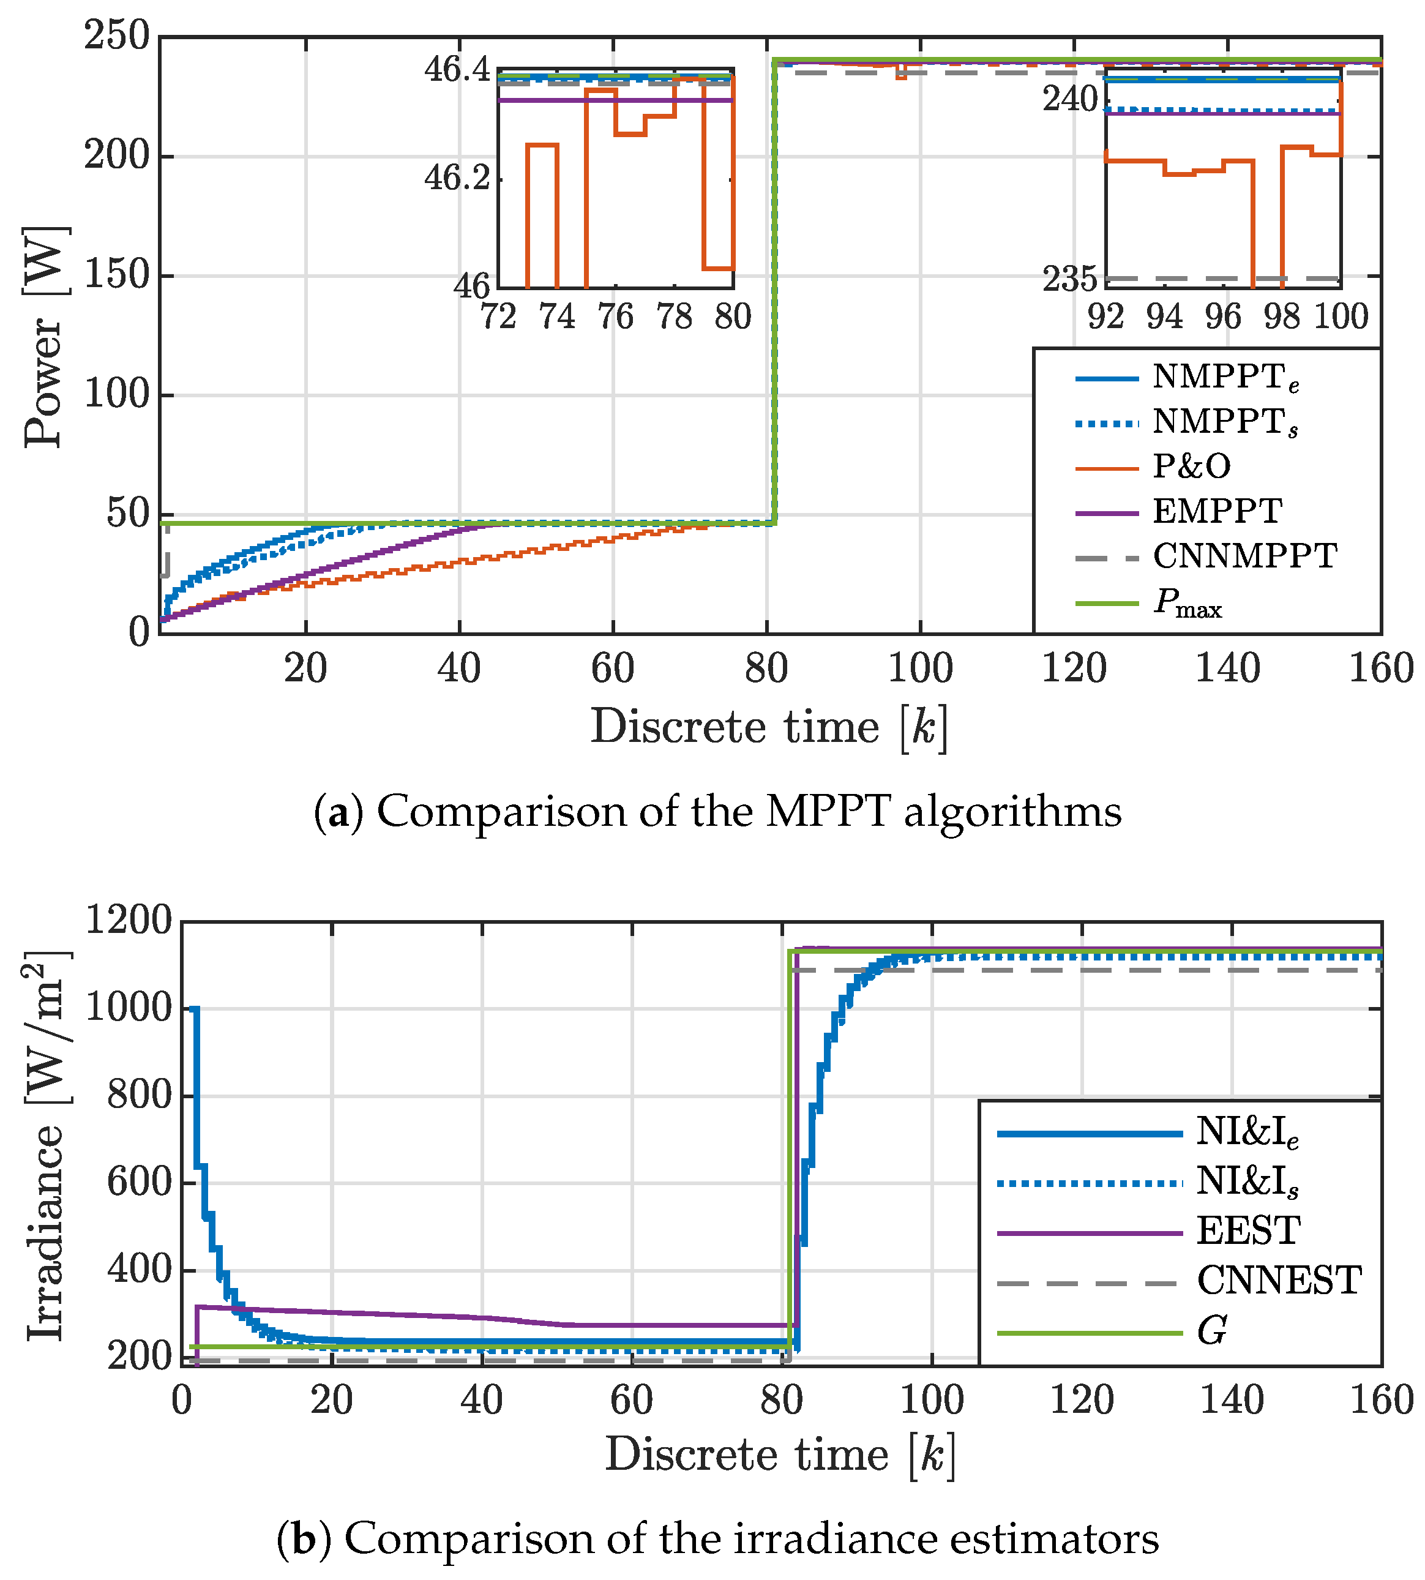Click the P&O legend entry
(1190, 466)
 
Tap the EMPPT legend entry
(1217, 512)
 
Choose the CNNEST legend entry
(1279, 1281)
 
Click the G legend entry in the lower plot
(1211, 1330)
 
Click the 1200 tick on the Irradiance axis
(127, 920)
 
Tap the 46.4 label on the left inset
(457, 70)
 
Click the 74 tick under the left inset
(556, 317)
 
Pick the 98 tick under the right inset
(1282, 317)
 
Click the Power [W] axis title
(43, 337)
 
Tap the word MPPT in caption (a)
(828, 811)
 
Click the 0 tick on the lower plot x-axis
(182, 1400)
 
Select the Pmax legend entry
(1187, 603)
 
